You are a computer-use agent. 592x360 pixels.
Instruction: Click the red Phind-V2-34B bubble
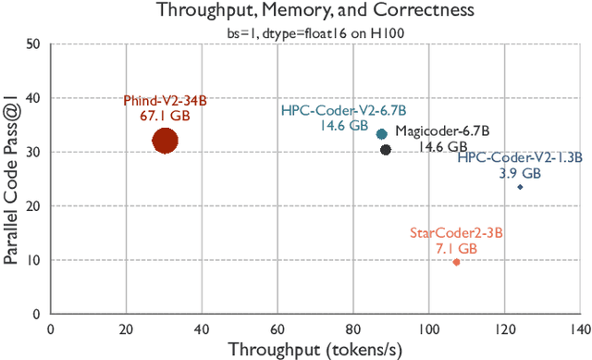point(165,142)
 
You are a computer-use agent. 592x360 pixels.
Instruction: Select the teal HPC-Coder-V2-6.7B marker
point(382,134)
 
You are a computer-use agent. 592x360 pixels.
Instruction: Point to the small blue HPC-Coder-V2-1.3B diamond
point(521,187)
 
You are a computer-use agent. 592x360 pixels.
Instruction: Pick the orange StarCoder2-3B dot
point(456,262)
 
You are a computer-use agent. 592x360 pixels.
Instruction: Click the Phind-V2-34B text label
point(165,100)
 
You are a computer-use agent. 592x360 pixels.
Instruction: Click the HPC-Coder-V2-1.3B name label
point(519,158)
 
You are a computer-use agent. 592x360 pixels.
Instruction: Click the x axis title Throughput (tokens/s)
point(314,349)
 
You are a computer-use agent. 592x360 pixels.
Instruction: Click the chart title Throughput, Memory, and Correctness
point(314,10)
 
